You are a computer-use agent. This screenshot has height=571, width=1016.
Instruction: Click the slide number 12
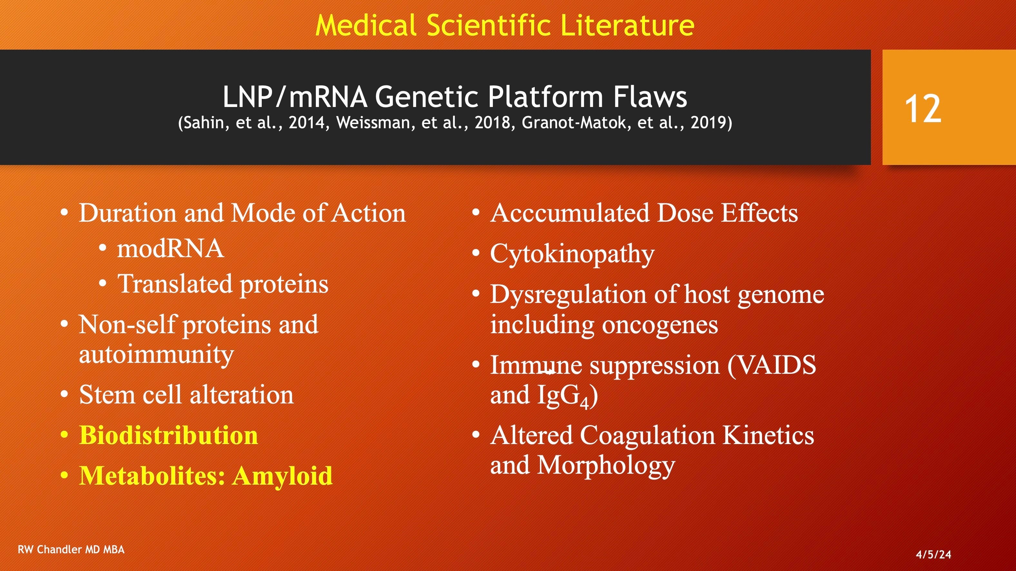923,109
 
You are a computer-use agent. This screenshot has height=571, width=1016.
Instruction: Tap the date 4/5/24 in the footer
933,555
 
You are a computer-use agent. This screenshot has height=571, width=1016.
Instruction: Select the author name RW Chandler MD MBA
71,549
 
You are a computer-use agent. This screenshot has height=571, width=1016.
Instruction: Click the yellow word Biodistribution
168,435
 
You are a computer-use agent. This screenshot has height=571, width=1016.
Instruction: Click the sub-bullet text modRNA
171,249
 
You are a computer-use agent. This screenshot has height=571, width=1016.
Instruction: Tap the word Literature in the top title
627,25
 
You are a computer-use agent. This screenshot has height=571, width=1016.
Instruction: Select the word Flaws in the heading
650,97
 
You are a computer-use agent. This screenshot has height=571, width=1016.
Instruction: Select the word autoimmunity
156,355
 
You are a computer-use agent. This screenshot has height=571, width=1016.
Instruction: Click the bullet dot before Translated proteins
103,283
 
